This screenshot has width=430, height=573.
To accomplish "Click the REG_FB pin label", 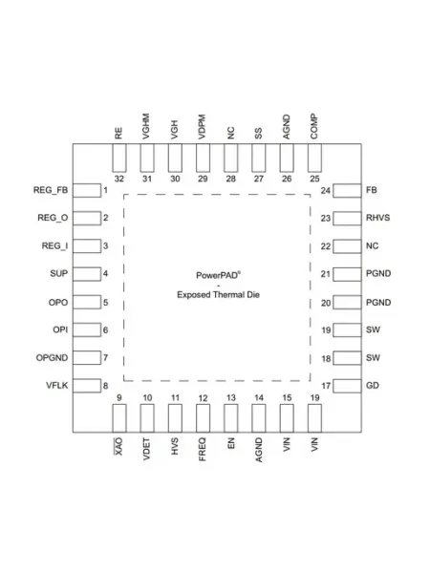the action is [51, 190].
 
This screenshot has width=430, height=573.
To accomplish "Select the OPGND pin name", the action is [52, 358].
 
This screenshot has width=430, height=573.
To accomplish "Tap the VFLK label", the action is [57, 386].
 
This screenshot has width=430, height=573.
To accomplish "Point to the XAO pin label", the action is [118, 446].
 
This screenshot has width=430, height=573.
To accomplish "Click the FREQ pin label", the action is [203, 450].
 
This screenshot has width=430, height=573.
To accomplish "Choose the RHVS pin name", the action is [377, 218].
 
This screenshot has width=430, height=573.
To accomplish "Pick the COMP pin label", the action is [314, 127].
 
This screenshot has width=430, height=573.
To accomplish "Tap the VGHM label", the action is [146, 126].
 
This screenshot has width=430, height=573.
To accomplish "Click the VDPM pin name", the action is [203, 127].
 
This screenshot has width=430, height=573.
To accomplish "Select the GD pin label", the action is [373, 386].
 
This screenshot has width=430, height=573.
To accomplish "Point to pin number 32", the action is [119, 179].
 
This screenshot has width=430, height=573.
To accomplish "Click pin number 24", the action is [326, 191].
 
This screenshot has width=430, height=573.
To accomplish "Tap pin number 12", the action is [203, 398].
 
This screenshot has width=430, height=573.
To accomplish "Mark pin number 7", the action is [105, 358].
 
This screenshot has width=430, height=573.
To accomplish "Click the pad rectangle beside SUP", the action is [87, 274].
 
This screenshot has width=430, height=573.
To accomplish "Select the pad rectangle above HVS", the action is [175, 418].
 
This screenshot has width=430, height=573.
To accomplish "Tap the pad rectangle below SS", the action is [259, 158].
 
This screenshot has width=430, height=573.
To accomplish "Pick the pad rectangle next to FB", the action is [347, 191].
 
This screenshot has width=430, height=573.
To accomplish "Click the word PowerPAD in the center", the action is [218, 275].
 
